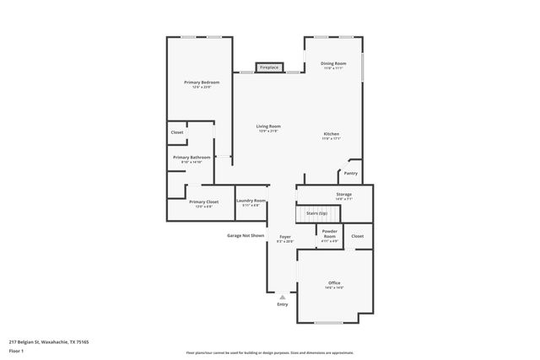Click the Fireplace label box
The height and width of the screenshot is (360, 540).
click(x=269, y=67)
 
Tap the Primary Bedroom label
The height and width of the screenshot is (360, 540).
click(x=202, y=83)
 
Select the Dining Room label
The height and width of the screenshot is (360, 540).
click(x=334, y=64)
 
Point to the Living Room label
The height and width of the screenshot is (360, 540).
click(x=268, y=127)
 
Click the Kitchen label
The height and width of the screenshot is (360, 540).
click(x=332, y=135)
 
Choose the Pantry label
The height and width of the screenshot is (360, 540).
click(x=350, y=174)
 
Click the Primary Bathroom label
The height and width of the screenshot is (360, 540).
click(x=192, y=158)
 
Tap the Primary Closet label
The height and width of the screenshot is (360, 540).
click(x=203, y=201)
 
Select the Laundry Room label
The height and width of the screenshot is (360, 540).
click(x=251, y=201)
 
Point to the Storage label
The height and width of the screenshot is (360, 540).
click(x=343, y=195)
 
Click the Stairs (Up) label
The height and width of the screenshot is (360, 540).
click(x=316, y=214)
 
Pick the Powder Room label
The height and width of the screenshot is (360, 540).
click(x=329, y=234)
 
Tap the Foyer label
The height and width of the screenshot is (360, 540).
click(x=285, y=238)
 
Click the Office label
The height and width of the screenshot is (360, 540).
click(x=334, y=283)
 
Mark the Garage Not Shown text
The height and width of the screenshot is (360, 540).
click(x=246, y=235)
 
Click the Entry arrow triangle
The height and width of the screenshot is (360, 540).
click(x=283, y=296)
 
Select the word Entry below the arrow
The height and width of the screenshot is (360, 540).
click(x=283, y=304)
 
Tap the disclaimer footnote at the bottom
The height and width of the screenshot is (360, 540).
click(x=270, y=352)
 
